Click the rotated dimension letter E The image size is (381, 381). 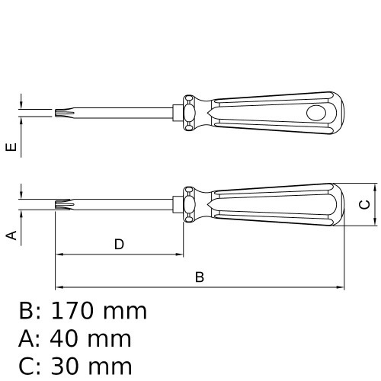point(11,147)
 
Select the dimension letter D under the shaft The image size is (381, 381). point(119,245)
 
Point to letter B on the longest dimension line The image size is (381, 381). point(200,277)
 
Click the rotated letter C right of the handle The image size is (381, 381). point(364,204)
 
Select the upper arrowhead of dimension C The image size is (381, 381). point(377,187)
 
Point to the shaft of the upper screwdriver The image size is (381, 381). point(122,114)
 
